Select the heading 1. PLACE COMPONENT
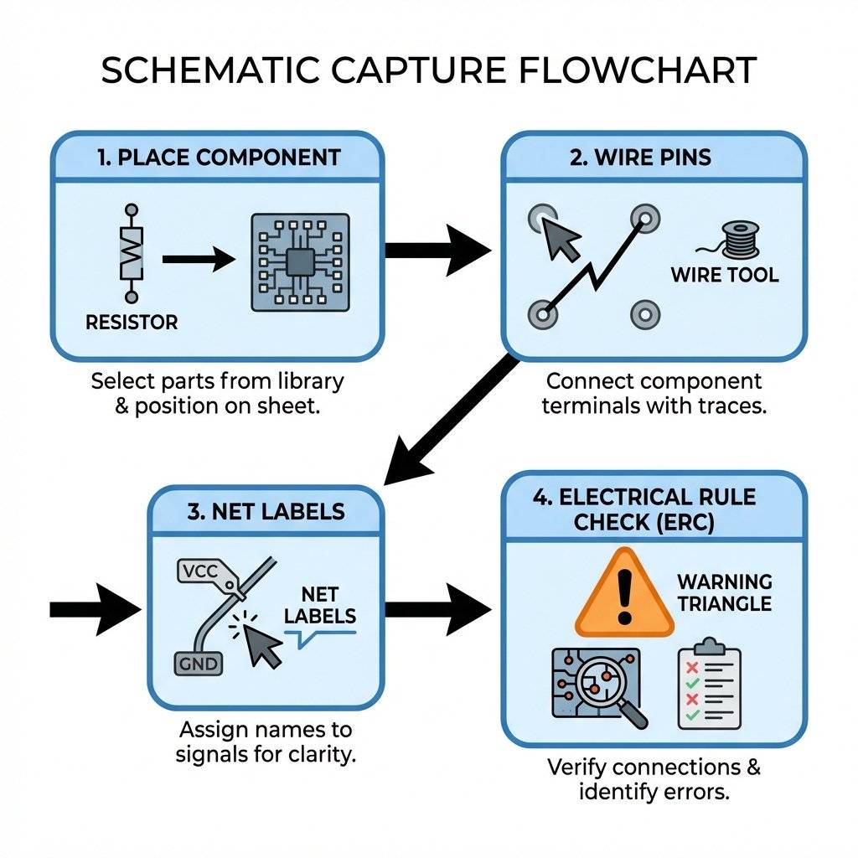tap(219, 157)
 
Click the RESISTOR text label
tap(132, 322)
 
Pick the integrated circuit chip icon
tap(301, 262)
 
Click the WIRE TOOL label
tap(724, 275)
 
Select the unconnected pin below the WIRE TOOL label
tap(645, 315)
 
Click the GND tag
tap(198, 664)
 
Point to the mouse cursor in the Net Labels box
tap(263, 646)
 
